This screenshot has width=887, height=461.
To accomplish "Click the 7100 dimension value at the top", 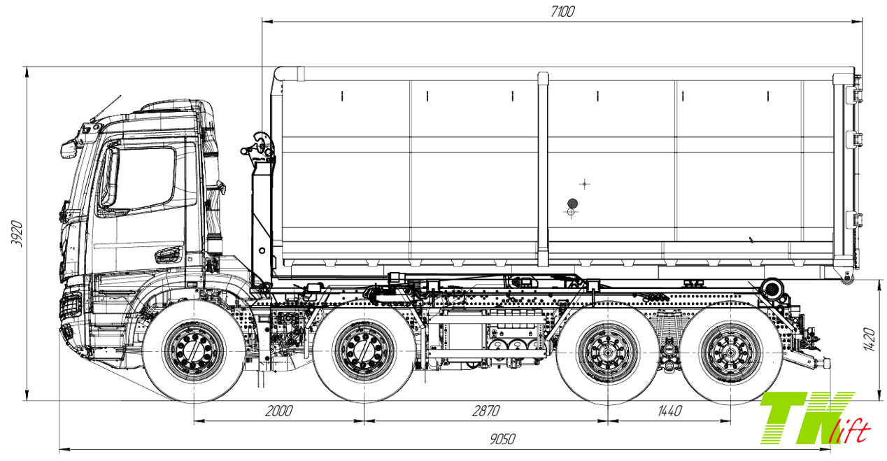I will pos(562,11).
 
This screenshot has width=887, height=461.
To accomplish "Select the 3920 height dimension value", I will pos(16,234).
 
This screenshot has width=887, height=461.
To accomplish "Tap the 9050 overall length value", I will pos(502,439).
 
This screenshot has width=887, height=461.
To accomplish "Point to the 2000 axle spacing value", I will pos(278,411).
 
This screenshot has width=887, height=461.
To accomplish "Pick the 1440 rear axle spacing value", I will pos(669,411).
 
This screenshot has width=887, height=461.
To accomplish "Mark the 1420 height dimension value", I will pos(870,340).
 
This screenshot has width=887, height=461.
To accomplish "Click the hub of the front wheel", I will pos(194,351).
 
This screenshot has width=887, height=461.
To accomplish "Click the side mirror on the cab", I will pos(68,149).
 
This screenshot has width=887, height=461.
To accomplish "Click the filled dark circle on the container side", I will pos(572,203).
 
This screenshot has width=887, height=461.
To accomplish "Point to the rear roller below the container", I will pos(772,288).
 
